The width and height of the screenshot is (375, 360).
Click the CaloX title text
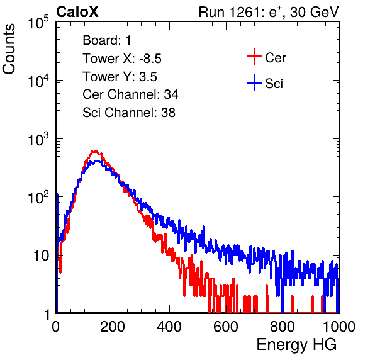(77, 12)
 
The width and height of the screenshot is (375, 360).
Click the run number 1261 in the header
(244, 12)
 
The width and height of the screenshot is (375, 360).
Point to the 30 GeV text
(314, 12)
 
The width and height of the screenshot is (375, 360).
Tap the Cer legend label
(275, 58)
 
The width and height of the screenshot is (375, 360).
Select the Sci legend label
(274, 84)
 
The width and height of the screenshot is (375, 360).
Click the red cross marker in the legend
(254, 57)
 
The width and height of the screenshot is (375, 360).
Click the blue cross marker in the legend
(254, 83)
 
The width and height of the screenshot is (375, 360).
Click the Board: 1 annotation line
(107, 40)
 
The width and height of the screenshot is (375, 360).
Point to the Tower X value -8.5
(150, 59)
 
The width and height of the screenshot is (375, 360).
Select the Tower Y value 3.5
(148, 77)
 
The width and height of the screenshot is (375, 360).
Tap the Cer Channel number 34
(171, 94)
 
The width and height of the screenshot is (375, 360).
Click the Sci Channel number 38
(168, 113)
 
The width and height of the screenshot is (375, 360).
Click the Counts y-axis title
(9, 49)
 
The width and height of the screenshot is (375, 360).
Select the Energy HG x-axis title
(296, 345)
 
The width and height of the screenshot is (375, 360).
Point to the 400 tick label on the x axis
(169, 327)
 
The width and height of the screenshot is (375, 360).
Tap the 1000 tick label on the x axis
(339, 327)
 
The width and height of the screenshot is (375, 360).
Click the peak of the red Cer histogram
(96, 151)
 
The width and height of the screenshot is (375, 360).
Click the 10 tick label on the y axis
(41, 256)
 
